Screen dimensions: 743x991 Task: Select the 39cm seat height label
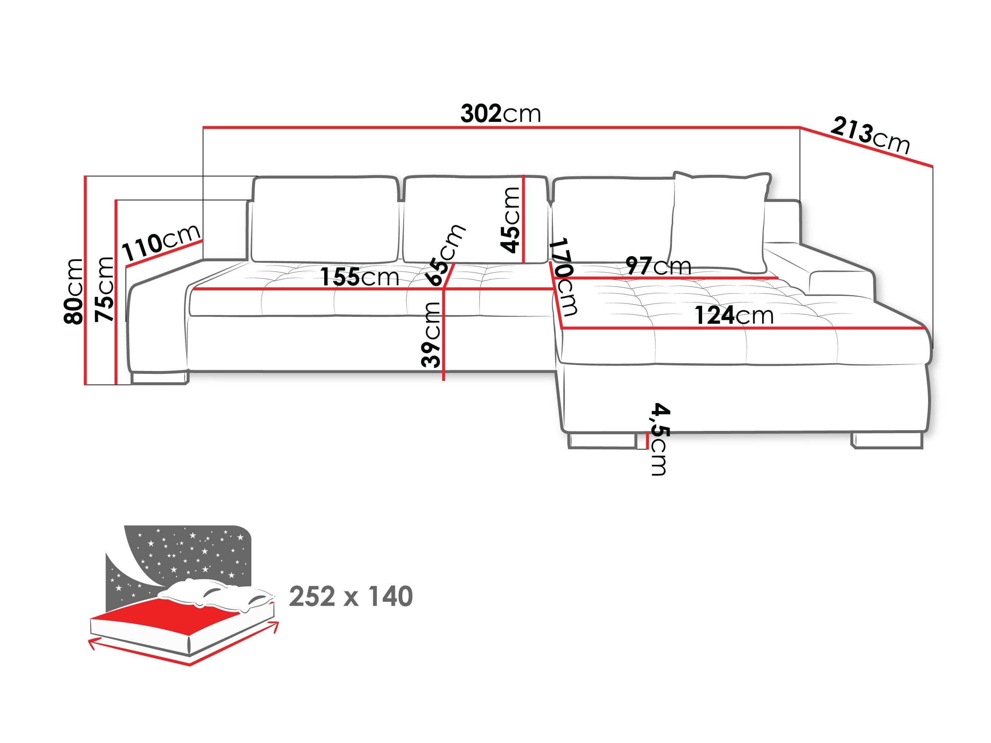(431, 334)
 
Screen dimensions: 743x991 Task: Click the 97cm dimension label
(658, 266)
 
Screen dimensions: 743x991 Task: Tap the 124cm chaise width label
(734, 315)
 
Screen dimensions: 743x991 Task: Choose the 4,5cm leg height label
(659, 439)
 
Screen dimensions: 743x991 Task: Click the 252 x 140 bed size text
(350, 597)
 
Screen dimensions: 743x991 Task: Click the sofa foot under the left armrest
(159, 378)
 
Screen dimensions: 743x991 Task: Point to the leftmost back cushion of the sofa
(325, 220)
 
